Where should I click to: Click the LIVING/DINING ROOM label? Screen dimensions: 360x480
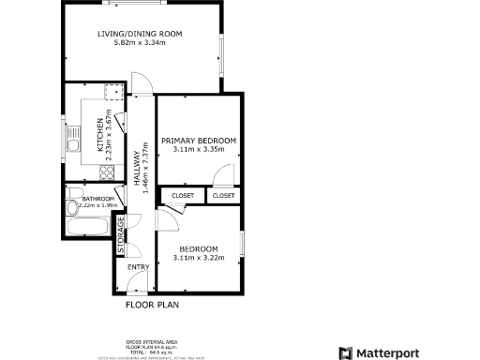140,35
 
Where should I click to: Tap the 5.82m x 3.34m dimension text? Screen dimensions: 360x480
140,43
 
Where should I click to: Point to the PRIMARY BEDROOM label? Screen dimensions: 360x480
199,141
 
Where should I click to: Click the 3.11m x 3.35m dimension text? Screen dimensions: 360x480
199,149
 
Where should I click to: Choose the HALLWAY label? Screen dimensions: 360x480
135,170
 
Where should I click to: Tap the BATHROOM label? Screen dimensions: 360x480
97,199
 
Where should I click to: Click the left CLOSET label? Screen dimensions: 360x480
183,196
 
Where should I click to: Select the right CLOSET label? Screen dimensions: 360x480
223,196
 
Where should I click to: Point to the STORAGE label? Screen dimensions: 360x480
120,236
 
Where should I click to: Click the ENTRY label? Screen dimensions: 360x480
138,268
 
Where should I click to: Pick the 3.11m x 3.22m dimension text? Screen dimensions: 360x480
199,257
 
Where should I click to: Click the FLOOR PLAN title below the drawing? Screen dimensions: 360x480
153,305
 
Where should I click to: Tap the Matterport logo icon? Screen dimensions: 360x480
345,352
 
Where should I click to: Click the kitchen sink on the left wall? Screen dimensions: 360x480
71,140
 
